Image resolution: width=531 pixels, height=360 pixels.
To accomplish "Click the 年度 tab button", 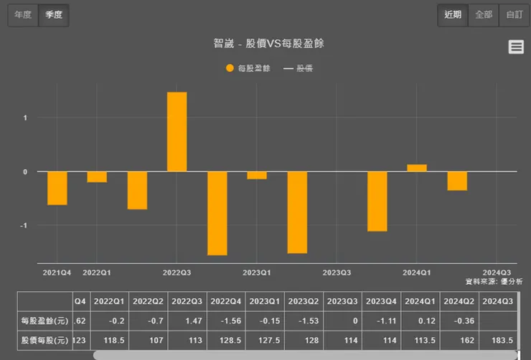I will tap(23, 15).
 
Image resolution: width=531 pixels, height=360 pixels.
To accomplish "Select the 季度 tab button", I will tap(54, 15).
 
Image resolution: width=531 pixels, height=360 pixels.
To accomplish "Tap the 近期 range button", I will tap(454, 15).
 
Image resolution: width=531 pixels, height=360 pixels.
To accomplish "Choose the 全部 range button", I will tap(484, 15).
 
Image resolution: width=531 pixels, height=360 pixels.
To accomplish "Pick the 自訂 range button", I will tap(514, 15).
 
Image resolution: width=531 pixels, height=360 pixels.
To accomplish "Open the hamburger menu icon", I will tap(515, 47).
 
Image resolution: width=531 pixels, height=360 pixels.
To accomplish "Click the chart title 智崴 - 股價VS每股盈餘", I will tap(268, 44).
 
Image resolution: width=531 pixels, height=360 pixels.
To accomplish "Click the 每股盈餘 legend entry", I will tap(248, 69).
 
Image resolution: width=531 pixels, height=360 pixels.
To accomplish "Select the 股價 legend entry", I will tap(299, 69).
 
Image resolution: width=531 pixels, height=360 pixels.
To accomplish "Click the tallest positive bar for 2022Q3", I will tap(177, 132).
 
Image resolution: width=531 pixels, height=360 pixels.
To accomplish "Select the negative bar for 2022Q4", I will tap(217, 213).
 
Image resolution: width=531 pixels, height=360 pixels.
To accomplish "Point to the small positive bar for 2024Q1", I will tap(417, 168).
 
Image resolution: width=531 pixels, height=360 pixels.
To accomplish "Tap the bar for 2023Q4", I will tap(377, 202).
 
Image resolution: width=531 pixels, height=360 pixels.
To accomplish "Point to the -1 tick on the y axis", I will tap(24, 226).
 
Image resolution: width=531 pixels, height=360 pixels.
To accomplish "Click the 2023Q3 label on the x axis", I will tap(337, 273).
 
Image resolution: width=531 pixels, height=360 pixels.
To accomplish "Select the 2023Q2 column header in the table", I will tap(304, 301).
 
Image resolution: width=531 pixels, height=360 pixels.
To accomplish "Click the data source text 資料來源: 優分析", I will tap(494, 282).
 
